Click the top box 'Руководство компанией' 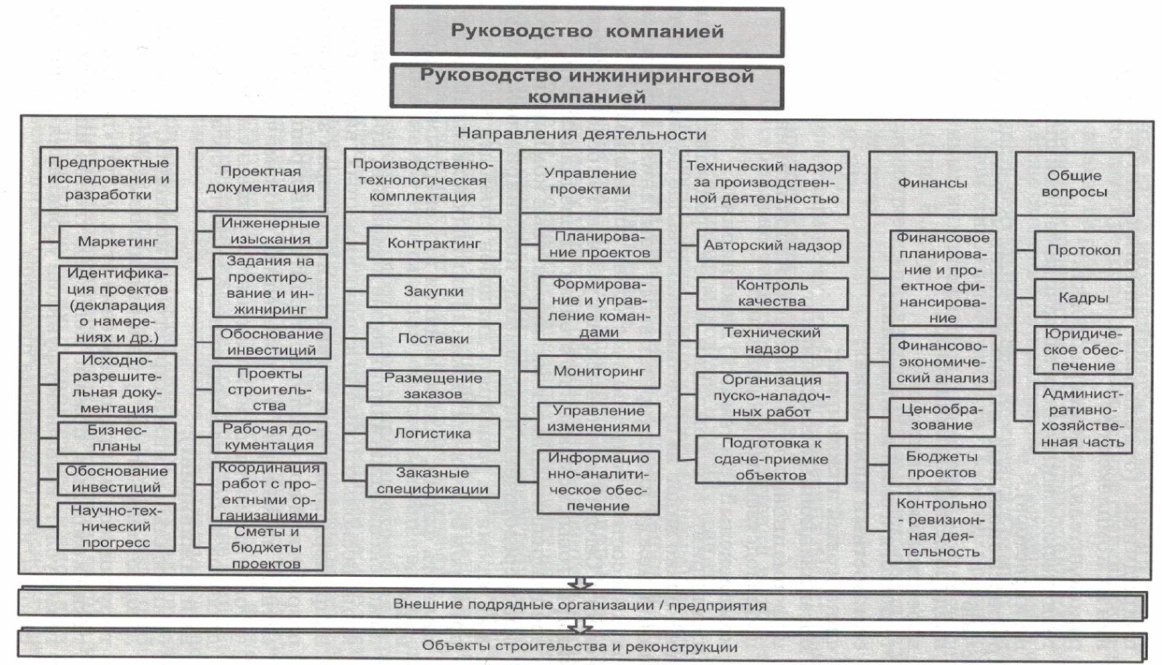[586, 31]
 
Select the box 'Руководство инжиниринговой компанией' [586, 86]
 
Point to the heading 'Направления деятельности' [582, 135]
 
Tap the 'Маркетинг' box [117, 242]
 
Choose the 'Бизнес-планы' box [117, 439]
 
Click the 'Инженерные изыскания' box [270, 231]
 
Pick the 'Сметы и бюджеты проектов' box [266, 548]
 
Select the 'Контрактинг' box [434, 243]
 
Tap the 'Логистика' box [432, 434]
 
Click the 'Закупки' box [434, 292]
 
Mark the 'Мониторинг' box [599, 372]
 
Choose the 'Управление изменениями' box [599, 419]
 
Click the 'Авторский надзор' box [772, 246]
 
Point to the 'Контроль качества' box [772, 293]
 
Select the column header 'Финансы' [933, 183]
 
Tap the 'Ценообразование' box [942, 418]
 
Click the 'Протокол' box [1083, 250]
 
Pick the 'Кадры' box [1083, 298]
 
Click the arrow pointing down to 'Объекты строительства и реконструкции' [579, 625]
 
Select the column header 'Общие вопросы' [1074, 184]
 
